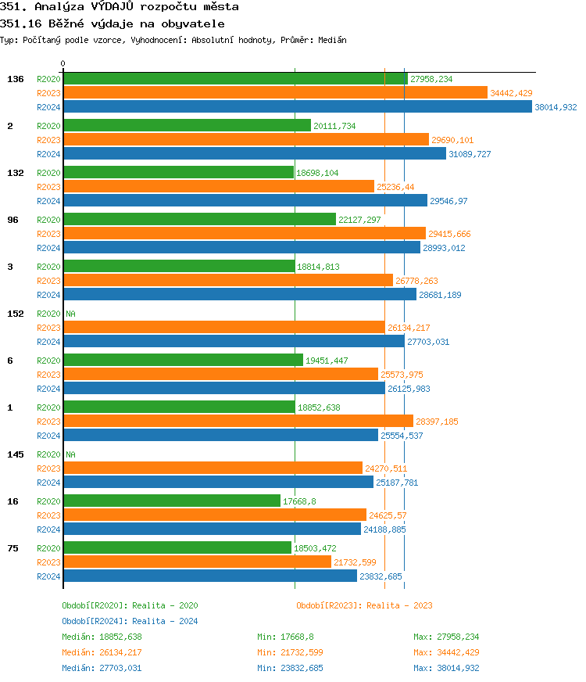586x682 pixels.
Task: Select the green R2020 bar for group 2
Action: (187, 125)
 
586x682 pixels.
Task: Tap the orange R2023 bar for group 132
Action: (218, 186)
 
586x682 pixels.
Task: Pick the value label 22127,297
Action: (359, 220)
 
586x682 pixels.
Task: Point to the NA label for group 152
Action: (70, 314)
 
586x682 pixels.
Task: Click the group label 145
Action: (15, 454)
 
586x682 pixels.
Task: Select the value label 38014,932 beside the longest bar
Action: (556, 107)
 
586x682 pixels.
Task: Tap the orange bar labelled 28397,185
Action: (238, 422)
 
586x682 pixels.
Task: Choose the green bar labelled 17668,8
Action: (171, 501)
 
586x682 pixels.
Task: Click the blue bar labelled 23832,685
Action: (210, 576)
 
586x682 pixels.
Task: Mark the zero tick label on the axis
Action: (63, 63)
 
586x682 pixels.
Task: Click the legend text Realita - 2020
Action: (165, 605)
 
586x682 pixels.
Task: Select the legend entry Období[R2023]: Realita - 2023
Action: (364, 605)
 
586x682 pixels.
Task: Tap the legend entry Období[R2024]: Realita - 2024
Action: (130, 621)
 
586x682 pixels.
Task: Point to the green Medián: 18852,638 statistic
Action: (102, 637)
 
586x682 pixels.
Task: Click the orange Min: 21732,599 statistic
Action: (290, 652)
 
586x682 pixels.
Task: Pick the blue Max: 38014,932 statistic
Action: (446, 668)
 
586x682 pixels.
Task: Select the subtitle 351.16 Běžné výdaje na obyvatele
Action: (113, 23)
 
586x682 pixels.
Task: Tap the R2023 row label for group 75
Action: (48, 562)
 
